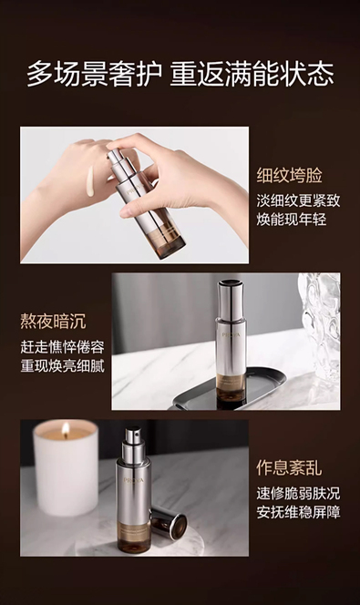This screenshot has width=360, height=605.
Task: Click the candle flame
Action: click(x=66, y=430)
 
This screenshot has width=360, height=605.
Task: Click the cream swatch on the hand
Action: click(x=90, y=181)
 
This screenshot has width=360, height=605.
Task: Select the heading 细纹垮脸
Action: click(x=290, y=176)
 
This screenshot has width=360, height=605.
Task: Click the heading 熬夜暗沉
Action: click(x=53, y=322)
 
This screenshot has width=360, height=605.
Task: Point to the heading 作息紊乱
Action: click(x=290, y=467)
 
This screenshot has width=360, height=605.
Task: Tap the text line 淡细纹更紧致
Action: click(x=298, y=200)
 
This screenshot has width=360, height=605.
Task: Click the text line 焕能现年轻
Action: click(x=292, y=220)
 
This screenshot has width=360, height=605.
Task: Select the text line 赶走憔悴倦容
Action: click(x=63, y=347)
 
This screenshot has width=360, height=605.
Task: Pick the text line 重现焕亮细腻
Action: click(x=63, y=365)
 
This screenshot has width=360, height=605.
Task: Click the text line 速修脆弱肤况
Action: click(x=298, y=493)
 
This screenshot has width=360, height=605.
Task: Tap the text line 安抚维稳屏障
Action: click(x=298, y=512)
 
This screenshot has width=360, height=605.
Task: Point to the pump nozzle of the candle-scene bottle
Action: click(x=133, y=436)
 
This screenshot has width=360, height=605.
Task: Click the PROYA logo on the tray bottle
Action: click(x=231, y=334)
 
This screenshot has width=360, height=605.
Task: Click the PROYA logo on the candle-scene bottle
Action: click(x=133, y=480)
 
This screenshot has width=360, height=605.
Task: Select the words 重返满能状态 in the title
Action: click(x=252, y=74)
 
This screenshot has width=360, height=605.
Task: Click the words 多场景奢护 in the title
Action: click(x=94, y=74)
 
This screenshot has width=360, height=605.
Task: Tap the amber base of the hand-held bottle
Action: click(x=170, y=239)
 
